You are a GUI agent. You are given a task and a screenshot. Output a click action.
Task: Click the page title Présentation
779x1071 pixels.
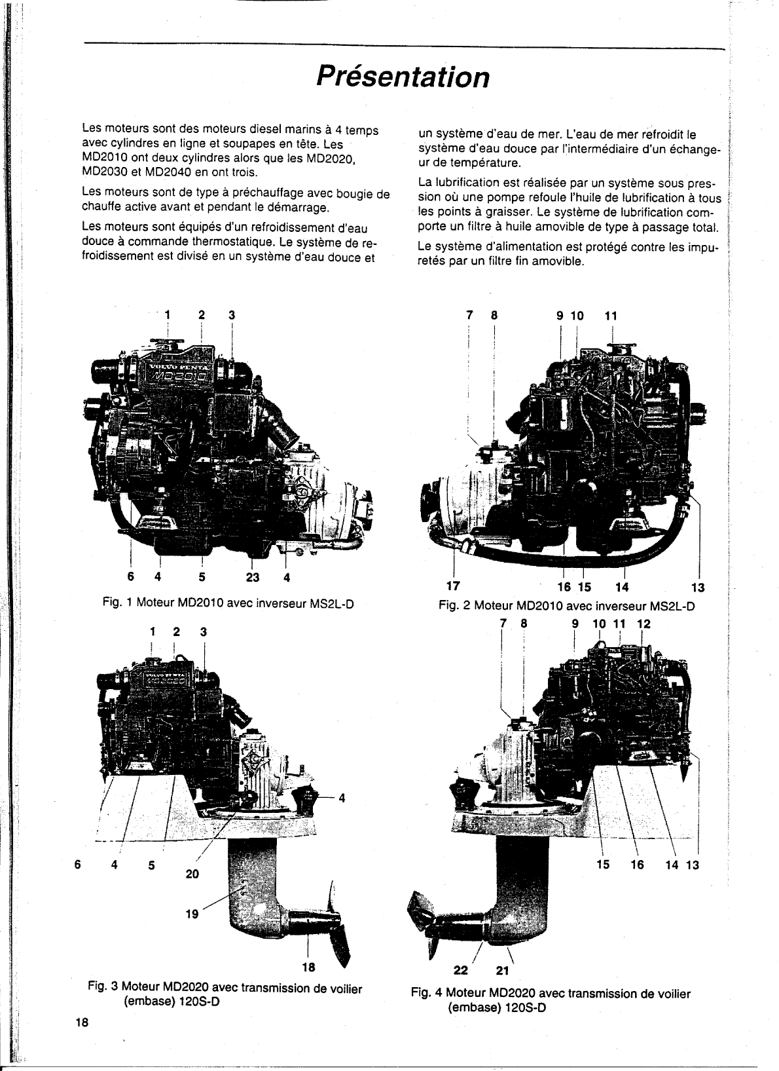pos(402,77)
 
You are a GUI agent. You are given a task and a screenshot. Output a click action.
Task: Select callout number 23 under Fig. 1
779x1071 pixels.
pos(253,577)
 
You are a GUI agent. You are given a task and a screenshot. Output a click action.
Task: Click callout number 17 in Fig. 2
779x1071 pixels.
pos(452,585)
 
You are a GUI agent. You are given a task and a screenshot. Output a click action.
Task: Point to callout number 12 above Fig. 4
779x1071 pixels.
pos(644,624)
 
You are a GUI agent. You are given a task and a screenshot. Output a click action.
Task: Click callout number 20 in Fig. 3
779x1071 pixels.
pos(192,874)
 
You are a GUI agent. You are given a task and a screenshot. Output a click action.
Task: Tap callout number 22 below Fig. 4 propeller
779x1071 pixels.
pos(462,970)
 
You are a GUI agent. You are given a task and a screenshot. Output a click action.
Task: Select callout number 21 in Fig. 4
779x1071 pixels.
pos(503,970)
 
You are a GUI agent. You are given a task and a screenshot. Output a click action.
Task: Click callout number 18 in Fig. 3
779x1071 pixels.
pos(307,967)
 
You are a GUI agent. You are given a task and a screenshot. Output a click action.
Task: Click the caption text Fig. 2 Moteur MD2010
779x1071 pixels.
pos(566,606)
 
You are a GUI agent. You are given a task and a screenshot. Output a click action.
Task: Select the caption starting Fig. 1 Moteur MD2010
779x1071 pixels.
pos(228,603)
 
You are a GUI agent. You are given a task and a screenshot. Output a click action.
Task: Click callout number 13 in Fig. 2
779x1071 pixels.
pos(698,588)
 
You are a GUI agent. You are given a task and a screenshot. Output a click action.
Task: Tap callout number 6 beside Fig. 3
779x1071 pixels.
pos(78,864)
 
